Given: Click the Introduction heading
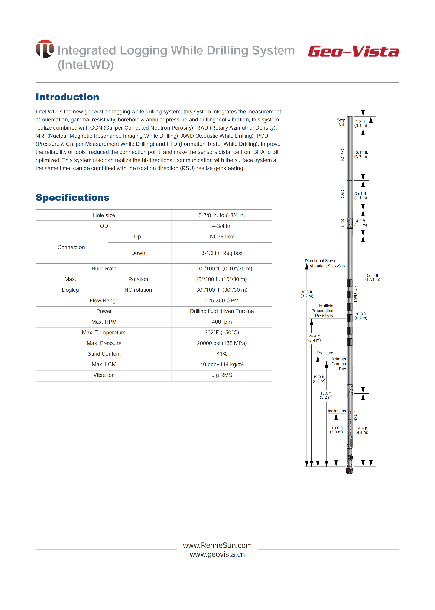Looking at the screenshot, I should pyautogui.click(x=67, y=97).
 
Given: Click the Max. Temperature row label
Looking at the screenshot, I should pyautogui.click(x=104, y=333).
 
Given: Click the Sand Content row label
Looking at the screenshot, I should pyautogui.click(x=104, y=354).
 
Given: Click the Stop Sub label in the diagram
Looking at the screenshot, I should pyautogui.click(x=341, y=122).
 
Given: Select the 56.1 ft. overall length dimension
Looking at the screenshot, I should pyautogui.click(x=373, y=277).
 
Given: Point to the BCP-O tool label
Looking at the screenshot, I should pyautogui.click(x=343, y=155).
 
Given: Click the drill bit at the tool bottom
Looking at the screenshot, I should pyautogui.click(x=350, y=470).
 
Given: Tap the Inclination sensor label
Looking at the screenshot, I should pyautogui.click(x=337, y=411).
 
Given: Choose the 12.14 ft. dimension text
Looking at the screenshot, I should pyautogui.click(x=361, y=154).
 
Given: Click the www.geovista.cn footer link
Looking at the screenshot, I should pyautogui.click(x=217, y=554).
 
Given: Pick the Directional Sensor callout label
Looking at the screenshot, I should pyautogui.click(x=321, y=261).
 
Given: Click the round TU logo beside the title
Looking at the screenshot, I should pyautogui.click(x=45, y=49).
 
